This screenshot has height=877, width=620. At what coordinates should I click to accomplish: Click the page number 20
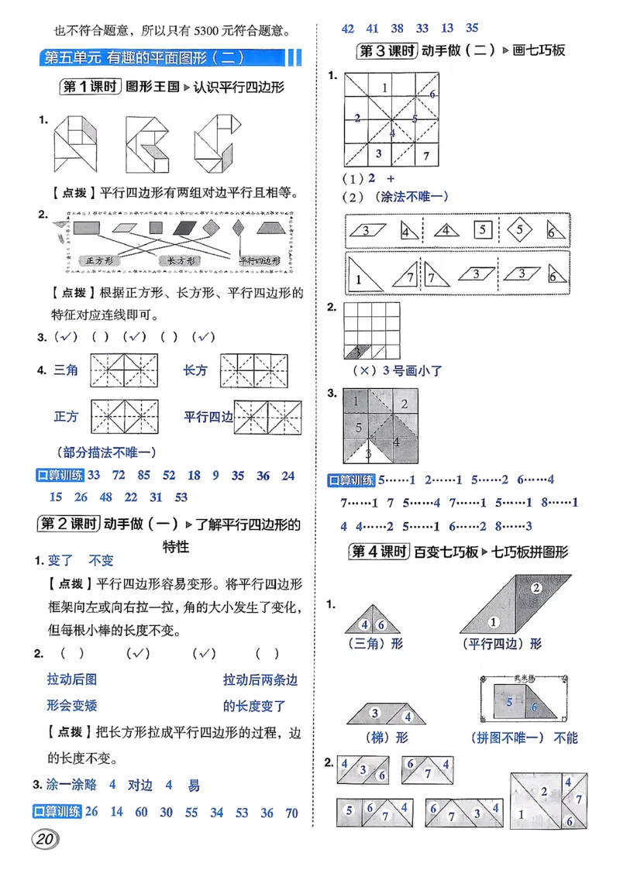pos(46,839)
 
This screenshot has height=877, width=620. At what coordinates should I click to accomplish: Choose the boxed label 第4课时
pos(378,552)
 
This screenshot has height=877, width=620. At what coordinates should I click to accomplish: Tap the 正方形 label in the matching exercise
pos(100,260)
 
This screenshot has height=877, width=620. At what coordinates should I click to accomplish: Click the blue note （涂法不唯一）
pos(410,197)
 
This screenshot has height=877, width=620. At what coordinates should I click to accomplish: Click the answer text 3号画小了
pos(408,370)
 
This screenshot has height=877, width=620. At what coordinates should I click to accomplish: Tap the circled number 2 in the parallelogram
pos(536,587)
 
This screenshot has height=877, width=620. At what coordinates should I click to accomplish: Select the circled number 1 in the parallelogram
pos(491,621)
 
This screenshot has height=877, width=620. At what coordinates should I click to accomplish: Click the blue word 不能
pos(566,738)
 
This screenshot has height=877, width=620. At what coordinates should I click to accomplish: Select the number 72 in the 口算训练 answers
pos(119,475)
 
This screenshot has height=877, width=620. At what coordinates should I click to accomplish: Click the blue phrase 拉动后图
pos(72,680)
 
